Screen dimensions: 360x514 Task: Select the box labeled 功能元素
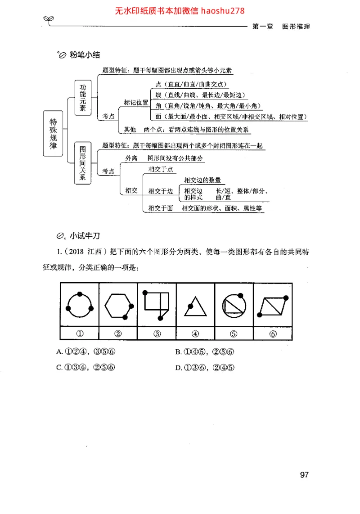(82, 97)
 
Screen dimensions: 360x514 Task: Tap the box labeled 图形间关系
(82, 163)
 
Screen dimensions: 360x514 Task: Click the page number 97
(304, 475)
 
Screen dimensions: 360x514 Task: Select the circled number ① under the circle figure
(80, 334)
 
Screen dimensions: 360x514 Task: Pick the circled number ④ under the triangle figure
(195, 334)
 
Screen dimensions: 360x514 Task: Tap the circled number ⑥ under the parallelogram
(273, 334)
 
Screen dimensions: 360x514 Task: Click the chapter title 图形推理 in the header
(296, 27)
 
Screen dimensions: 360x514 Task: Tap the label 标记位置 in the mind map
(136, 102)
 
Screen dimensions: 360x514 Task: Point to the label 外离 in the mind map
(131, 159)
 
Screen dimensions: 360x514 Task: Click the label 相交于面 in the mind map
(161, 208)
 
